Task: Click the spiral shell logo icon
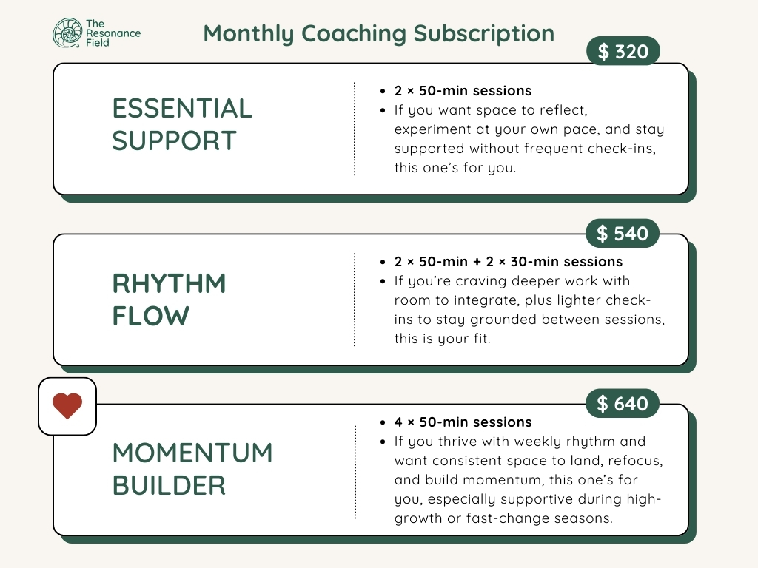pos(67,33)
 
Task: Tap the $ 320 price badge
pos(623,51)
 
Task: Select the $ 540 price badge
pos(623,233)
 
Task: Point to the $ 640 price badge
pos(623,403)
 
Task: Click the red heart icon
pos(67,406)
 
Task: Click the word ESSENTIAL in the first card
pos(182,108)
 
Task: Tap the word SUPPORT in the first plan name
pos(175,141)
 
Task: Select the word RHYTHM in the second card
pos(170,283)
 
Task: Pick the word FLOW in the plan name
pos(151,316)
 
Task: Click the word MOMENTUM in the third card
pos(192,453)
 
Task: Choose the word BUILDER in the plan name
pos(170,485)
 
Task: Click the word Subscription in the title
pos(484,34)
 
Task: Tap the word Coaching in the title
pos(353,34)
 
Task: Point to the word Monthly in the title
pos(249,34)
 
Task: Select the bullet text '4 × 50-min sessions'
pos(463,422)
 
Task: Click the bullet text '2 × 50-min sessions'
pos(463,91)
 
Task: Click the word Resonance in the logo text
pos(113,33)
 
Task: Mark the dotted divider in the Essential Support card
pos(355,129)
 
